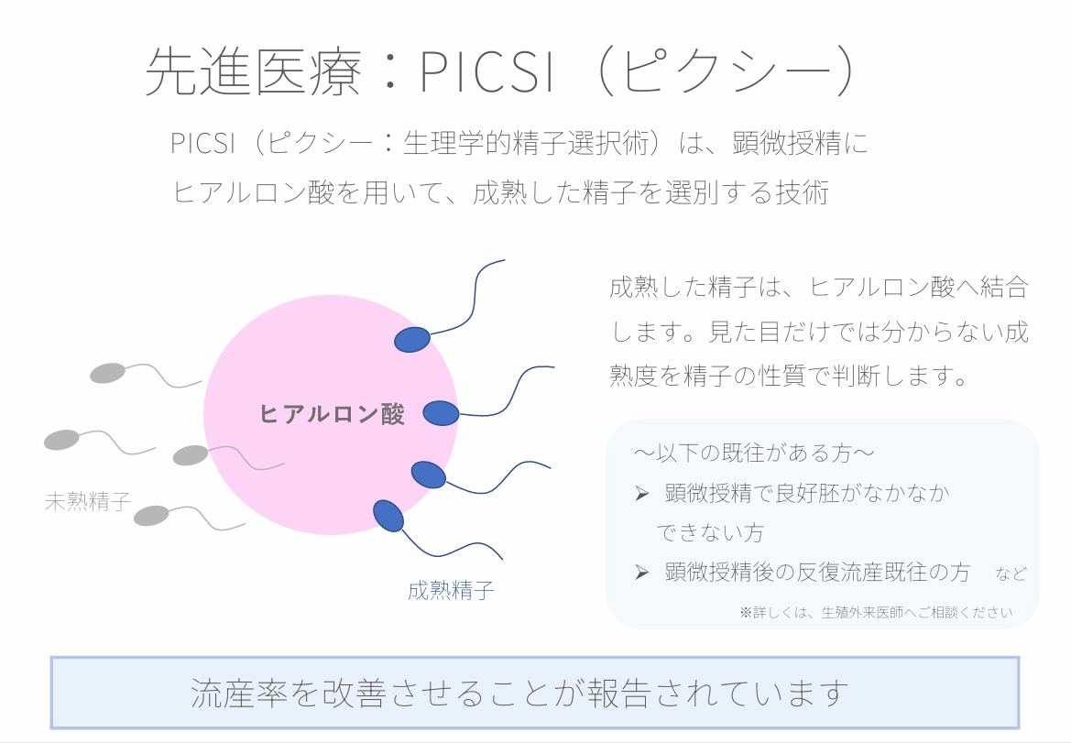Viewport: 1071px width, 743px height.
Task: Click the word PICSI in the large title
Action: pos(486,71)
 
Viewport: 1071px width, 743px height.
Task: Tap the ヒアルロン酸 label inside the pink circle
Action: pos(332,414)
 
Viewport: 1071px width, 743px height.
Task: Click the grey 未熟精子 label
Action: pos(87,501)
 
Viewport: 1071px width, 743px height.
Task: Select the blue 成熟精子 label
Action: pos(451,590)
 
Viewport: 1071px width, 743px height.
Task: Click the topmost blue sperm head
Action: pos(412,340)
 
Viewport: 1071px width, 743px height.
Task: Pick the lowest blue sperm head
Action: pos(388,515)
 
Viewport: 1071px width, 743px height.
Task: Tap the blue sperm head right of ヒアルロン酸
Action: pos(441,413)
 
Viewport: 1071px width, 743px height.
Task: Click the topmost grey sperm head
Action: pos(107,373)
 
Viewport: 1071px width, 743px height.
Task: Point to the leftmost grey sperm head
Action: pos(62,440)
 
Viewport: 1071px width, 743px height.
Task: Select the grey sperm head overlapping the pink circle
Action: pos(191,454)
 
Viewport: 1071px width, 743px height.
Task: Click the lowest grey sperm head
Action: pos(152,516)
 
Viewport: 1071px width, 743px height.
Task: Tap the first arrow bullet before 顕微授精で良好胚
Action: pos(641,494)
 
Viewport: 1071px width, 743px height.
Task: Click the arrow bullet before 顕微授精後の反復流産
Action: pos(641,573)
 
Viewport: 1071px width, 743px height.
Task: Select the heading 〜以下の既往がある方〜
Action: pos(753,453)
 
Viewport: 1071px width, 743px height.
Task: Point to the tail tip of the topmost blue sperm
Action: pos(504,260)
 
